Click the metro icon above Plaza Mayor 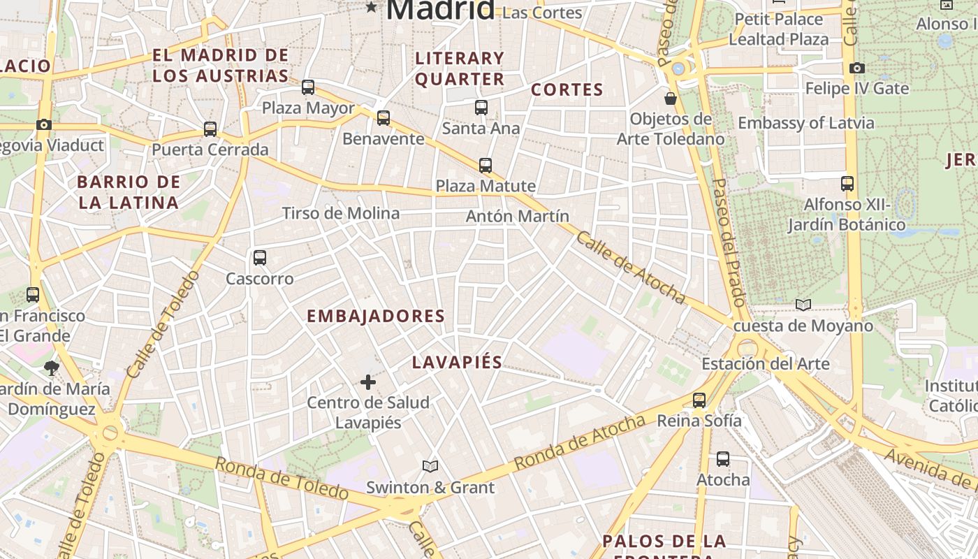308,87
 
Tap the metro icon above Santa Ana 481,108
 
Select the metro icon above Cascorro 260,258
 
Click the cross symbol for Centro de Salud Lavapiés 368,382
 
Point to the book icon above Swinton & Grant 430,466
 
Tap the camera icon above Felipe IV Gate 857,68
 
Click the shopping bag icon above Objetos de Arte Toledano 671,99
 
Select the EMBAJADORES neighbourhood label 376,316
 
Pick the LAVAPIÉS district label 457,362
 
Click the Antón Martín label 518,216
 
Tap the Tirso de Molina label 341,213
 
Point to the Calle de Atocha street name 631,268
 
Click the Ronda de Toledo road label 282,478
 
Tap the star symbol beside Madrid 372,8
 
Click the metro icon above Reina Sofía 699,400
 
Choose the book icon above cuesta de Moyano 803,305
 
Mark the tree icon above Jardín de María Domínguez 51,368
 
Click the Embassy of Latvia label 806,123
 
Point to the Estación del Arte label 766,363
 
